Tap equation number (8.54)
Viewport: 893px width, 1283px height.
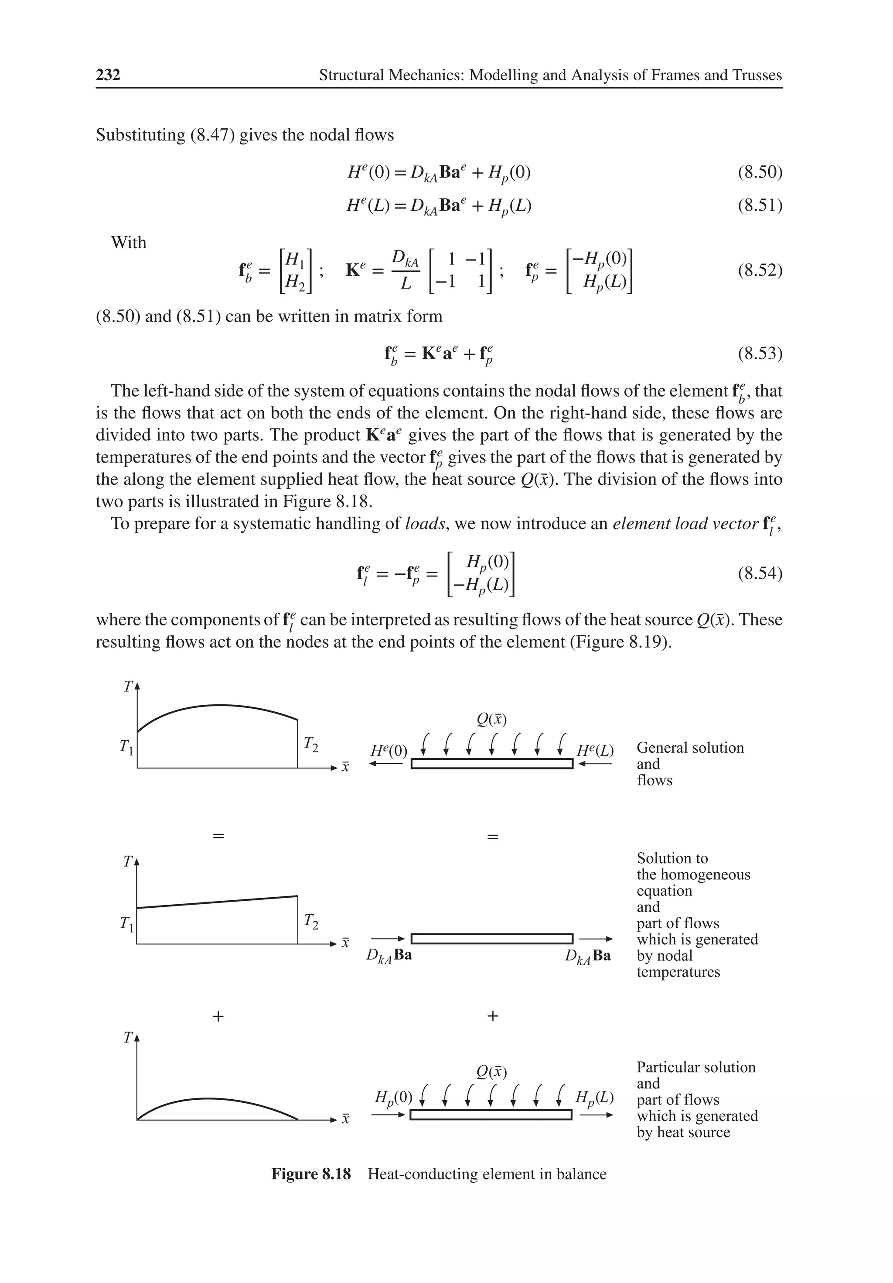(x=760, y=573)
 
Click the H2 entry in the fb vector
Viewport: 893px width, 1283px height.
(x=295, y=283)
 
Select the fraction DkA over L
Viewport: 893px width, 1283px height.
(x=406, y=271)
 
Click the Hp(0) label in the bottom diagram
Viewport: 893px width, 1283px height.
(x=393, y=1097)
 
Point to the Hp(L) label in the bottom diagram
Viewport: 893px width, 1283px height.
(x=595, y=1097)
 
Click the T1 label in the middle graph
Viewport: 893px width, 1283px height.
(x=127, y=924)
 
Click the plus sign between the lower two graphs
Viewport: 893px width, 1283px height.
(x=218, y=1016)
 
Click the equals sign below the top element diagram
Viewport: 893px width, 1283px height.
(x=492, y=837)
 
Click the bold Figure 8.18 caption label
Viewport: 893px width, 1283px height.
(x=310, y=1174)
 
